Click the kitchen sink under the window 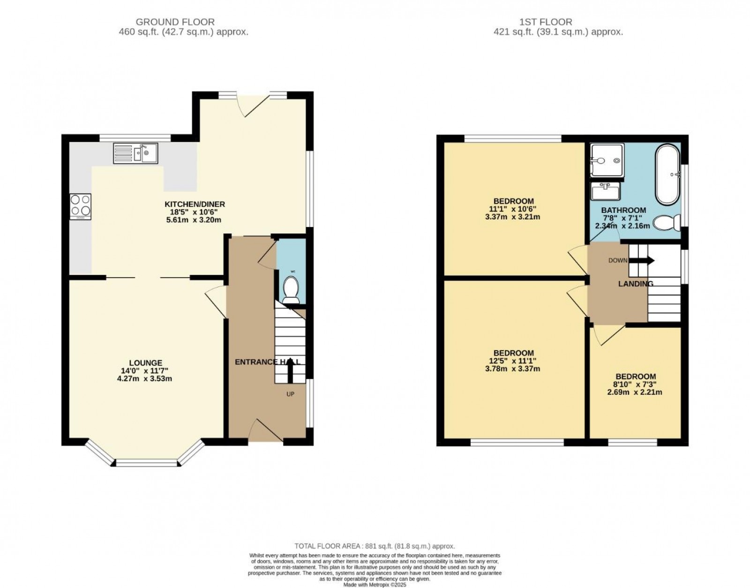[x=135, y=153]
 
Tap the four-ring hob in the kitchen [x=80, y=205]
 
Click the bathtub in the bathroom [x=667, y=174]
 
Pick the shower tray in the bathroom [x=607, y=160]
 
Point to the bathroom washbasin [x=605, y=191]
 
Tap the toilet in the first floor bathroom [x=667, y=223]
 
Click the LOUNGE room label [x=145, y=362]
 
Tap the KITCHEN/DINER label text [x=195, y=204]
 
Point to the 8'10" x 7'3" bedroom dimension [x=636, y=384]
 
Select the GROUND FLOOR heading [x=175, y=22]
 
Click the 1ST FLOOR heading [x=546, y=22]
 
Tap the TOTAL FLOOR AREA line [x=375, y=546]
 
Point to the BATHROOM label [x=623, y=210]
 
